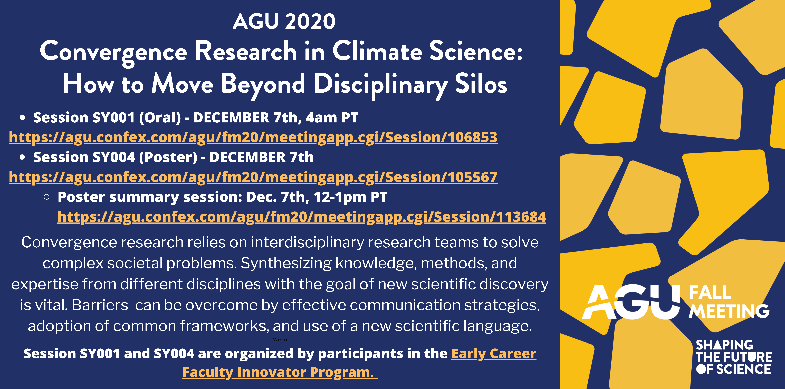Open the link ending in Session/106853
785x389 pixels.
coord(253,137)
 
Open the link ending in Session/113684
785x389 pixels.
coord(302,217)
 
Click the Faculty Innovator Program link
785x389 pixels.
coord(280,372)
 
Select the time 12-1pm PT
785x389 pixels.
coord(350,197)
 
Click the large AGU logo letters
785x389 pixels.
coord(631,302)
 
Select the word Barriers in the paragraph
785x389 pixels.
coord(100,305)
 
